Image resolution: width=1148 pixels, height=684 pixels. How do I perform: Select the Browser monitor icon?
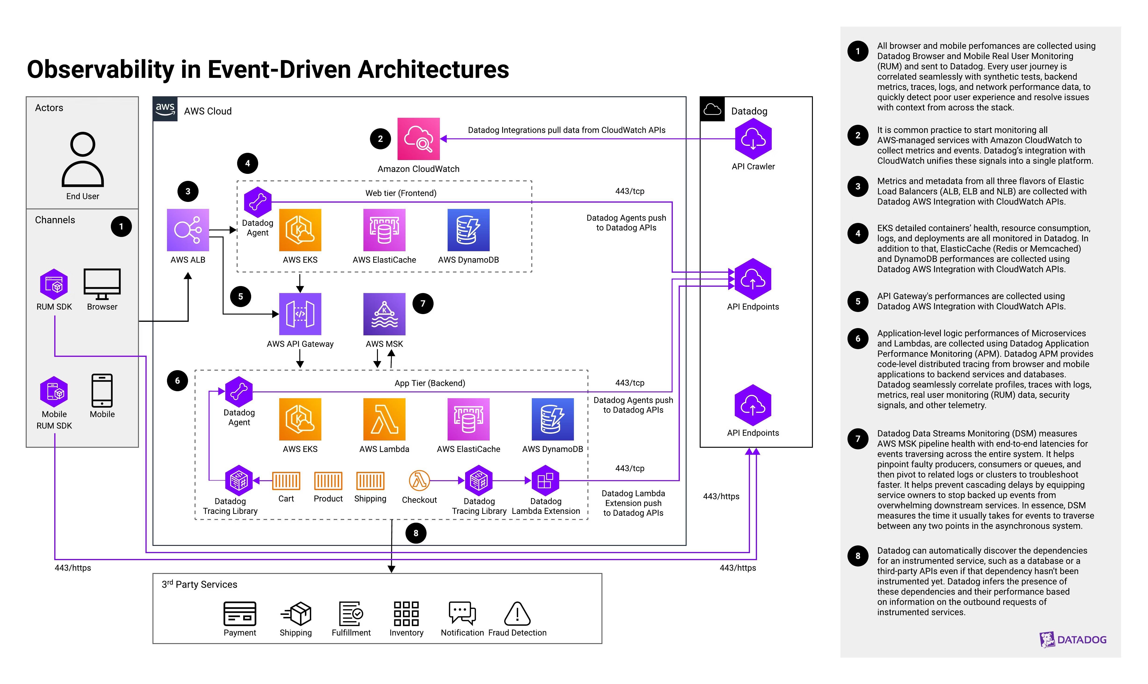pos(102,284)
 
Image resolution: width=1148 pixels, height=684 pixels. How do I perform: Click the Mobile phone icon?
pos(102,390)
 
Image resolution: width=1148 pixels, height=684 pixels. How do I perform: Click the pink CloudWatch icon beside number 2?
pos(418,139)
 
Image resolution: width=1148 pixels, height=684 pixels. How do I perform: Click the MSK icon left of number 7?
pos(384,314)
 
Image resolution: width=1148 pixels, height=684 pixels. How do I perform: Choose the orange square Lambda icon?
pos(384,419)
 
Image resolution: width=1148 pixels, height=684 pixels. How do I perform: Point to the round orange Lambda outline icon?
pos(419,481)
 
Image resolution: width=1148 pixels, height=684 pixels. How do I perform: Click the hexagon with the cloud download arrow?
pos(753,139)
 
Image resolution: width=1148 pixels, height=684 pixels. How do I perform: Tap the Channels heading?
pos(55,220)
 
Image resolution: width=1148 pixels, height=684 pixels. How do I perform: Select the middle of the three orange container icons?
pos(328,481)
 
